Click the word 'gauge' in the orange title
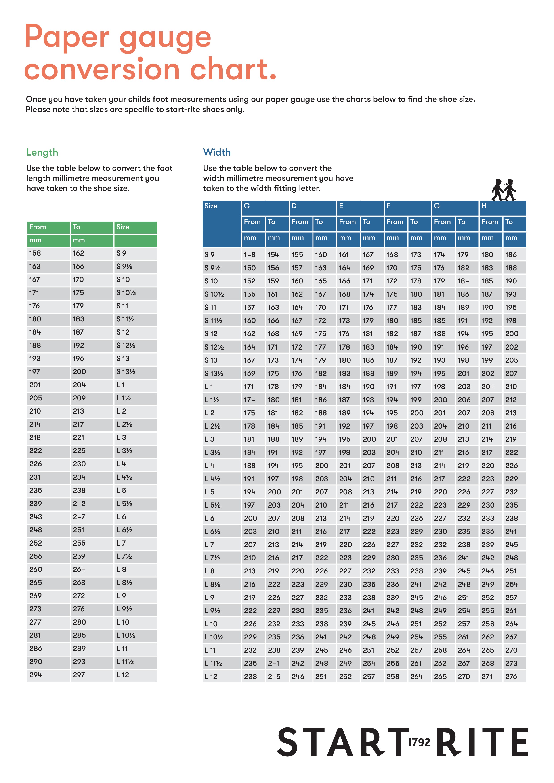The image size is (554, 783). point(165,38)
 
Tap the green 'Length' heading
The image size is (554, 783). point(42,152)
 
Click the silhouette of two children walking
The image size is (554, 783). point(504,190)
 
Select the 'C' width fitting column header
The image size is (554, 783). point(247,206)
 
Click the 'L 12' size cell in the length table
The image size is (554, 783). point(123,675)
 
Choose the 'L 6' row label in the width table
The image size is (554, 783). point(209,518)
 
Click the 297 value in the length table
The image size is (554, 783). point(79,675)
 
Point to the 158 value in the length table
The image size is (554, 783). point(35,253)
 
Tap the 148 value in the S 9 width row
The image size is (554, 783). point(250,255)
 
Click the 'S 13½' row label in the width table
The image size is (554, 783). point(214,373)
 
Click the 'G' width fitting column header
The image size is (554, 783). point(437,206)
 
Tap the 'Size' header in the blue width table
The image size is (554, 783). point(211,206)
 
